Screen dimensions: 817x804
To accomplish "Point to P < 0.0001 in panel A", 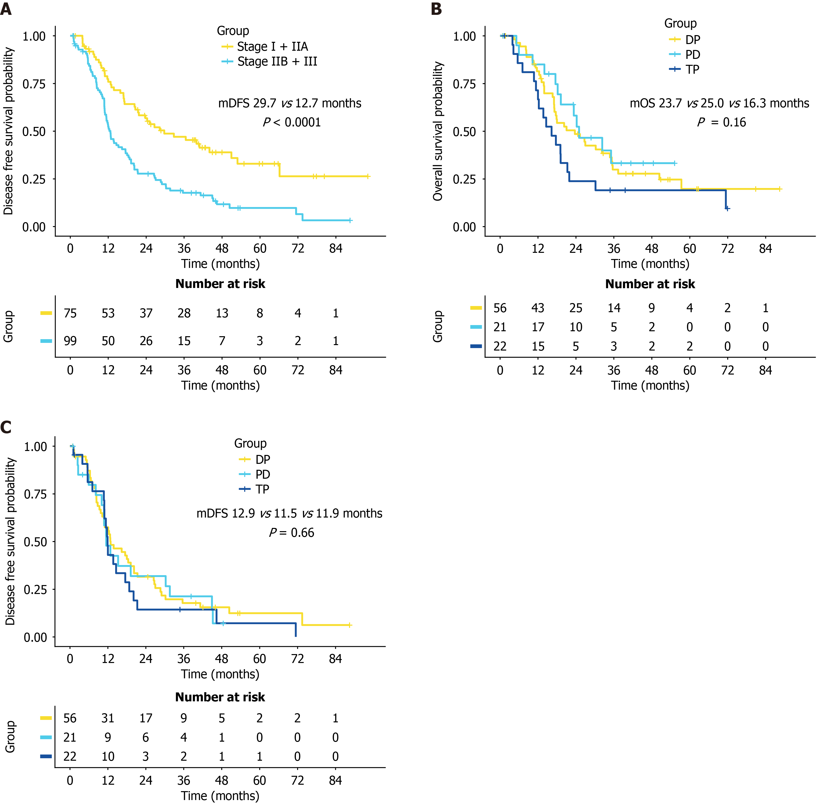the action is click(292, 122).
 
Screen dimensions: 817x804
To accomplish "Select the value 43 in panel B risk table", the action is click(538, 308).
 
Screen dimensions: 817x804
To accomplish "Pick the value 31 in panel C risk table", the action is click(108, 718).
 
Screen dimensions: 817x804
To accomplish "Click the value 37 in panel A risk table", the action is click(146, 313).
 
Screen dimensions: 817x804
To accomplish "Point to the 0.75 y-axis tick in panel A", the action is click(34, 84).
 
